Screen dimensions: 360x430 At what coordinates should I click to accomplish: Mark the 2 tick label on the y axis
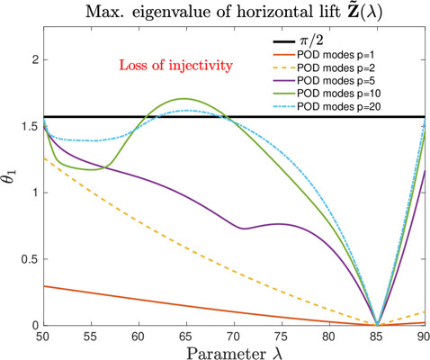point(36,59)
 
